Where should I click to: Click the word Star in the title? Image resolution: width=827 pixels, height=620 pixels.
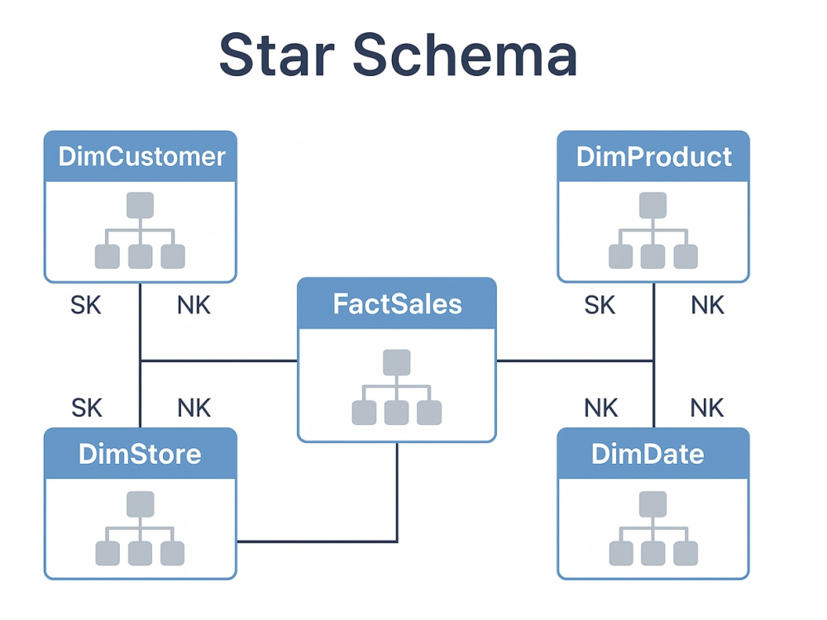(276, 55)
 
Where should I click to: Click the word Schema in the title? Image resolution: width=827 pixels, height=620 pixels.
(465, 55)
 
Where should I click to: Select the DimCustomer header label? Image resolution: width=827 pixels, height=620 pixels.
(142, 156)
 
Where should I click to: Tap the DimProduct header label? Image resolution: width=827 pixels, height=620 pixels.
(654, 156)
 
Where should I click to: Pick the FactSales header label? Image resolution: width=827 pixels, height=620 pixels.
(397, 304)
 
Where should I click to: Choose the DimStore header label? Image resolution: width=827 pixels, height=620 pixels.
(140, 454)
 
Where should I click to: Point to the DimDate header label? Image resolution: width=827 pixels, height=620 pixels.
(648, 454)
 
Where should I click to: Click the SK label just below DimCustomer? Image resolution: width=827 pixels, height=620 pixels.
(85, 305)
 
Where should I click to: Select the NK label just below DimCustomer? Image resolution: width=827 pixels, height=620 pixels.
(194, 305)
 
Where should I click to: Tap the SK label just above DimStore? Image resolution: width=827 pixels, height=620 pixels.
(87, 408)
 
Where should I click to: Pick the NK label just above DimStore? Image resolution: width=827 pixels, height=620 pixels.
(194, 408)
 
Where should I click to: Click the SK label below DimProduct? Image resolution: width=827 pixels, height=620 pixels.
(600, 305)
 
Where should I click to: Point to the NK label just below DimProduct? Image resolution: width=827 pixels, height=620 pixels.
(708, 305)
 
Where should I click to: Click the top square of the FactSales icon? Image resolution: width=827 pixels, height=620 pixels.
(397, 362)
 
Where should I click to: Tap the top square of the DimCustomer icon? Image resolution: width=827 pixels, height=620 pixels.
(141, 205)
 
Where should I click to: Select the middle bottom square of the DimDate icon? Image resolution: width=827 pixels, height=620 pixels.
(653, 553)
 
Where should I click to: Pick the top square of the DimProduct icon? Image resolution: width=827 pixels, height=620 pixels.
(653, 205)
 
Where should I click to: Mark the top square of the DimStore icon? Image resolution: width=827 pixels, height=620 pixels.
(141, 504)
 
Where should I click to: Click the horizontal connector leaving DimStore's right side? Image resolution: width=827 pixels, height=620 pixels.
(317, 541)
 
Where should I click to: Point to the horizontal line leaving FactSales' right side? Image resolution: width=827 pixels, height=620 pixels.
(575, 361)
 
